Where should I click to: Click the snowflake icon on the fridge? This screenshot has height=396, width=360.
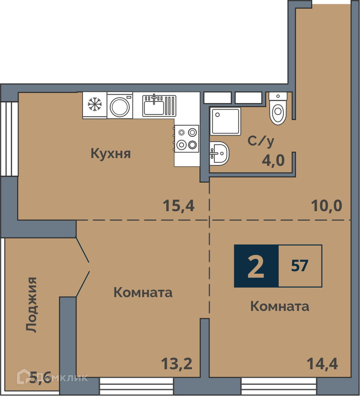pyautogui.click(x=95, y=105)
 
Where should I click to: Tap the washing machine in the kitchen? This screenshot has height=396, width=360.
pyautogui.click(x=120, y=105)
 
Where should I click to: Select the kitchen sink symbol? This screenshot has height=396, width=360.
pyautogui.click(x=159, y=105)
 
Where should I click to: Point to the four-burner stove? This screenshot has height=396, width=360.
pyautogui.click(x=187, y=139)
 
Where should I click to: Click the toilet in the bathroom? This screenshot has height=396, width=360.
pyautogui.click(x=278, y=108)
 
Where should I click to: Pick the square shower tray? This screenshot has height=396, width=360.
pyautogui.click(x=225, y=121)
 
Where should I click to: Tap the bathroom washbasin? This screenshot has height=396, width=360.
pyautogui.click(x=219, y=153)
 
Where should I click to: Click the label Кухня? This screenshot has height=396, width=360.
pyautogui.click(x=111, y=154)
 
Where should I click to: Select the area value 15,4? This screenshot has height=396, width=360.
pyautogui.click(x=178, y=206)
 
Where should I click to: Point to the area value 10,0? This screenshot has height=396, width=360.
pyautogui.click(x=326, y=206)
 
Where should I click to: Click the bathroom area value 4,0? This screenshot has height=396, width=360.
pyautogui.click(x=273, y=160)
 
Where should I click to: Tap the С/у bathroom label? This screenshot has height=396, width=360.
pyautogui.click(x=261, y=142)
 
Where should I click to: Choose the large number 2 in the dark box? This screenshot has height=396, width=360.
pyautogui.click(x=256, y=266)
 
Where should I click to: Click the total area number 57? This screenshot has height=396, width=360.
pyautogui.click(x=300, y=266)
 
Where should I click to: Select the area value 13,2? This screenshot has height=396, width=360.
pyautogui.click(x=177, y=364)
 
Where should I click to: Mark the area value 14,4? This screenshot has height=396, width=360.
pyautogui.click(x=322, y=364)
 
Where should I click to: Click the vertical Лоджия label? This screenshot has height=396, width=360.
pyautogui.click(x=32, y=304)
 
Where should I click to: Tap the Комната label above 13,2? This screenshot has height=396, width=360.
pyautogui.click(x=143, y=292)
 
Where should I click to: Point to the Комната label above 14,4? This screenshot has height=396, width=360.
pyautogui.click(x=280, y=306)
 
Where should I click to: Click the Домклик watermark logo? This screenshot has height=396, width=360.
pyautogui.click(x=52, y=377)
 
